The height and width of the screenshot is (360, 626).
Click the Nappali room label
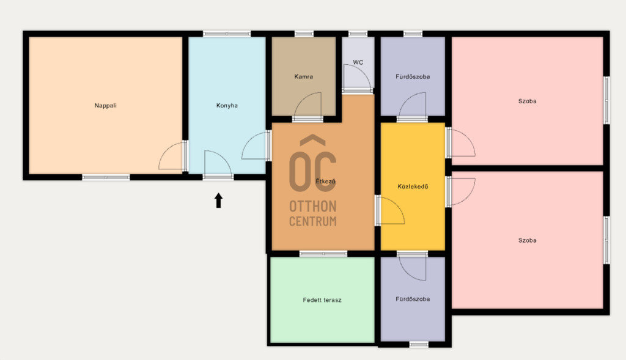pos(105,106)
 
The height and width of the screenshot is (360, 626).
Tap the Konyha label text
pos(227,106)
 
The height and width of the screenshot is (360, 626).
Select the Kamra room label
pos(303,76)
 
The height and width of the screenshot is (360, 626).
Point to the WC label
pos(358,62)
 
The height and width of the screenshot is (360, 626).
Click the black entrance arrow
pos(218,200)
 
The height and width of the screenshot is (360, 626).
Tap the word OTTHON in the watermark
pos(313,207)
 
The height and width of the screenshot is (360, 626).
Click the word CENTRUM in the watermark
pos(313,221)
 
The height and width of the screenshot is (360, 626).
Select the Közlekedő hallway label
pos(413,186)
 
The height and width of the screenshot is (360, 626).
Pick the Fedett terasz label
pos(322,300)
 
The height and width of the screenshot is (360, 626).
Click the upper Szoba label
pos(528,101)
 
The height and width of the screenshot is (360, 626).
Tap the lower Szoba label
pos(528,240)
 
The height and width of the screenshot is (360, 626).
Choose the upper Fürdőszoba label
pos(413,76)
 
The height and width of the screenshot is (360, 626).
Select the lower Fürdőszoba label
pos(413,299)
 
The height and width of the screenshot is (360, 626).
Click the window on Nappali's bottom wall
pos(106,177)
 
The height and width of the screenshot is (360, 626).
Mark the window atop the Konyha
pos(227,34)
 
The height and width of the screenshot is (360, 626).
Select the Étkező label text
pos(326,181)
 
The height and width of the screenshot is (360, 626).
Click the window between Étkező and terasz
pos(323,254)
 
